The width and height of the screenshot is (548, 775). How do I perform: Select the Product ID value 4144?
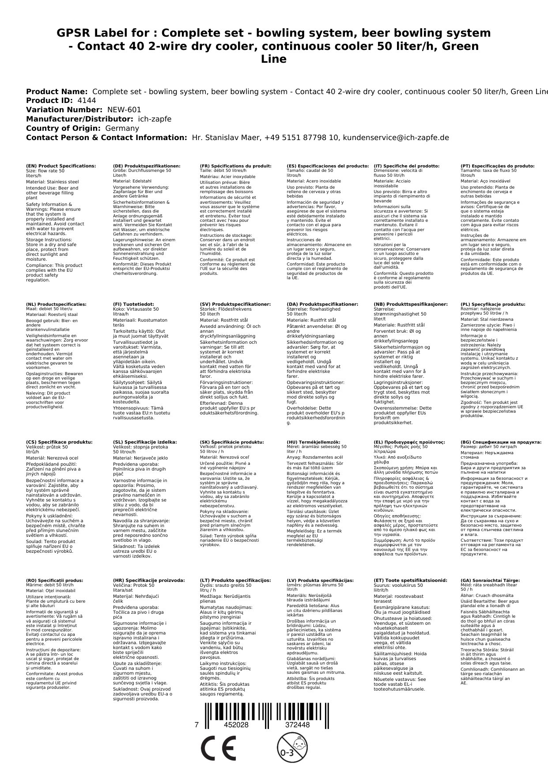tap(87, 101)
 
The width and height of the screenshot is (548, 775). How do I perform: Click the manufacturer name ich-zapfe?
tap(154, 119)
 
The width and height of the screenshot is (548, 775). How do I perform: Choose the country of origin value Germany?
tap(122, 129)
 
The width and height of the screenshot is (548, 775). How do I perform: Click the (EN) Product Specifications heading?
tap(61, 166)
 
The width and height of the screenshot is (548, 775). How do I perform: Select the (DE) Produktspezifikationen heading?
tap(147, 166)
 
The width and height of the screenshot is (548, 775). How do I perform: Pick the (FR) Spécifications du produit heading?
tap(235, 166)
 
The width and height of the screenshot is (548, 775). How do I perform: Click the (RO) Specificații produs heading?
tap(54, 581)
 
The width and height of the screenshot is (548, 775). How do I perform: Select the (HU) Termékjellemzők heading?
tap(314, 442)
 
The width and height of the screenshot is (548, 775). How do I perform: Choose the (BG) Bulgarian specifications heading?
tap(501, 442)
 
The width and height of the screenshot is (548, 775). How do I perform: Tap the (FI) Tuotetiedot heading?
tap(133, 304)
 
